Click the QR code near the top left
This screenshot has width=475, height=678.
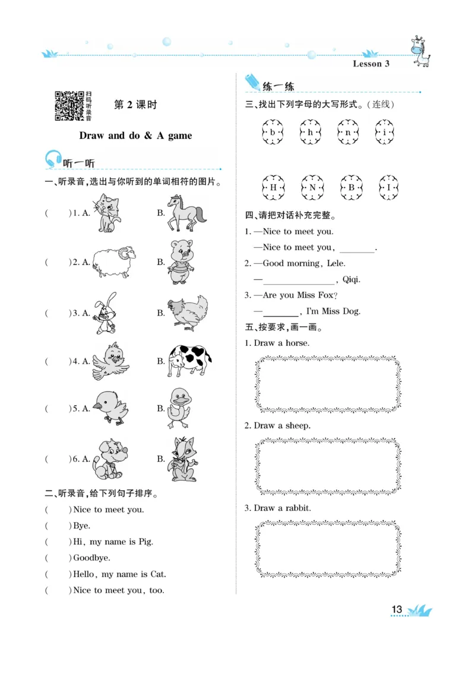tap(69, 106)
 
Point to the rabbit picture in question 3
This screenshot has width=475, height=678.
tap(104, 313)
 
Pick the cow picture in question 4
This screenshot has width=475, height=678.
tap(189, 360)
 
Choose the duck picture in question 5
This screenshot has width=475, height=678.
tap(178, 408)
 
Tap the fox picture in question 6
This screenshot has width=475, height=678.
tap(182, 459)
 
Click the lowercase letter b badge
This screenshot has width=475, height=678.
tap(273, 133)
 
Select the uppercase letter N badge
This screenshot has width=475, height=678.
tap(312, 187)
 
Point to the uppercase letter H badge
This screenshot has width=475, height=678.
tap(273, 187)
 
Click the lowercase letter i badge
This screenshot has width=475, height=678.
tap(385, 133)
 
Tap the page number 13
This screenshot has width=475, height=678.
tap(397, 610)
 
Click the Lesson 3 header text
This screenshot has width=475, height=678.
tap(371, 64)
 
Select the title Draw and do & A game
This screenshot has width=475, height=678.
tap(135, 135)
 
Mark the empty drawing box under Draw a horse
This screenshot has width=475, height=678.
tap(328, 384)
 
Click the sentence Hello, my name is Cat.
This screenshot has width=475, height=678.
tap(119, 574)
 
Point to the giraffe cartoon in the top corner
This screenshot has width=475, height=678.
tap(420, 52)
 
